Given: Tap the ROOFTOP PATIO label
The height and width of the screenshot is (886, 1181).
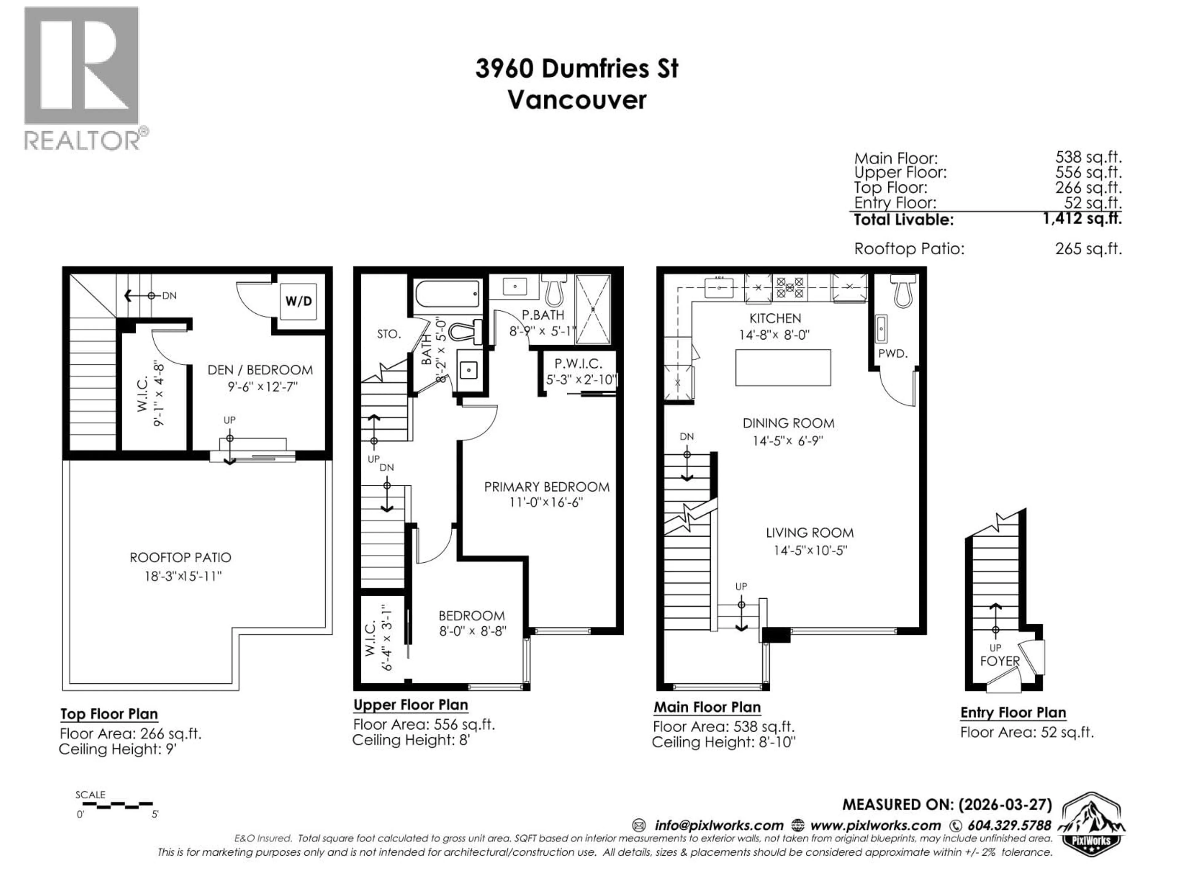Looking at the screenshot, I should [181, 557].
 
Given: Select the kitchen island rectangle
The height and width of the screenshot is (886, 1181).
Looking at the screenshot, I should [783, 367].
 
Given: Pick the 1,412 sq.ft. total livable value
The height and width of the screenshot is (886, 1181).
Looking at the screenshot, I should [1082, 218].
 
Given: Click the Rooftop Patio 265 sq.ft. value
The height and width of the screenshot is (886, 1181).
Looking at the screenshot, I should [1088, 249].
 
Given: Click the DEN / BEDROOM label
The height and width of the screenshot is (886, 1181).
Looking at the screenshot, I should [260, 370].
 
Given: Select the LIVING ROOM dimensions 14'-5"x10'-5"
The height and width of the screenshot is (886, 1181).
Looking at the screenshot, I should [810, 550].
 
